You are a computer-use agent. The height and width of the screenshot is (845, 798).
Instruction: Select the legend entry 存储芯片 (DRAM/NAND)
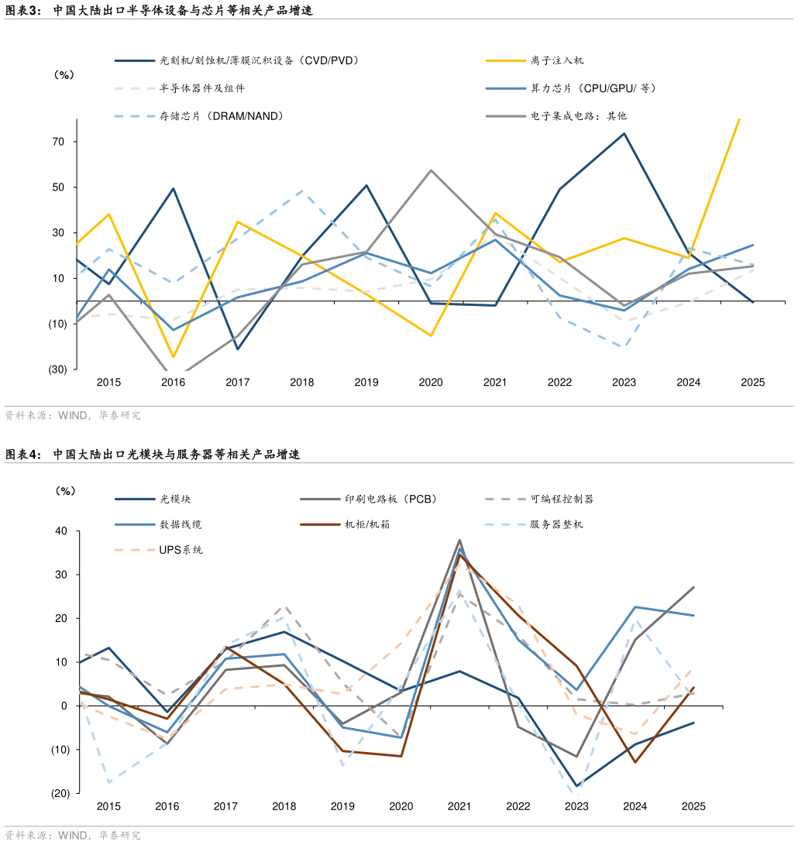tap(221, 116)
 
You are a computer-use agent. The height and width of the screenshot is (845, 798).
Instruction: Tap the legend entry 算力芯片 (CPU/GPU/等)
tap(593, 88)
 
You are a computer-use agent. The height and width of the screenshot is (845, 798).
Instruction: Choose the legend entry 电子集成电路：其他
tap(578, 116)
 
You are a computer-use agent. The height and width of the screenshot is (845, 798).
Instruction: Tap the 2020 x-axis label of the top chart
tap(430, 382)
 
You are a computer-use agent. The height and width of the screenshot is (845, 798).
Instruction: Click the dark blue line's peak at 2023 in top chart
tap(624, 133)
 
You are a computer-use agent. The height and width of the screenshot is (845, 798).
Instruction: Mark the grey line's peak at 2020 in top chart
tap(431, 170)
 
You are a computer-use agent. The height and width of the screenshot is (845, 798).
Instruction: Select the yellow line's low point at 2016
tap(173, 357)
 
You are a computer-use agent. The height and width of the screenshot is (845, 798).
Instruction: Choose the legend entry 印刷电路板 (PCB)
tap(390, 500)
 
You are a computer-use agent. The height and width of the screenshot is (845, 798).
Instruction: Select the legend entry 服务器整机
tap(556, 524)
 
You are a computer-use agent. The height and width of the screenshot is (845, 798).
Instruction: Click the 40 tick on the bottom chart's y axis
tap(61, 531)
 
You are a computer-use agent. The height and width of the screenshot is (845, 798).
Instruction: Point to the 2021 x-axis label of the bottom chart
tap(459, 806)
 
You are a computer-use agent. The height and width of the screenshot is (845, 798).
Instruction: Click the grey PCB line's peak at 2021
tap(459, 540)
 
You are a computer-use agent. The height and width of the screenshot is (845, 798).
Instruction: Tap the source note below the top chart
tap(73, 416)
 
